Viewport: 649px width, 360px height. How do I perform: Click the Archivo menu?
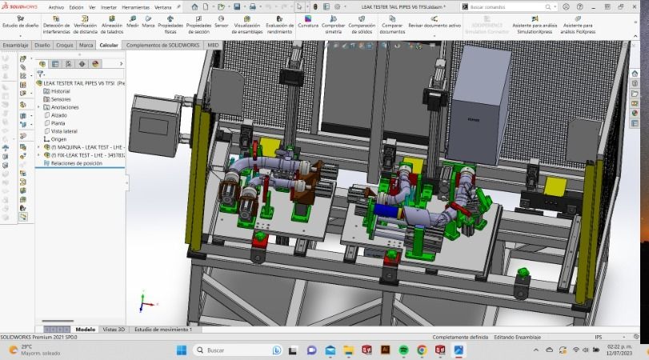click(56, 6)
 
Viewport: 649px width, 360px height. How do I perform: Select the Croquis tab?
click(65, 45)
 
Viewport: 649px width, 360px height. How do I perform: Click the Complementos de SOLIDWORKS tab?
click(164, 45)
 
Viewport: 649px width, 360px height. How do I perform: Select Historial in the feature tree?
click(61, 91)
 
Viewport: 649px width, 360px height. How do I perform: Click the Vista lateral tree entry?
click(64, 131)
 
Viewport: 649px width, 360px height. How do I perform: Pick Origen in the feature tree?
click(58, 139)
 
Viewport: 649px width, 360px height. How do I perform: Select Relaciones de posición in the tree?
click(76, 163)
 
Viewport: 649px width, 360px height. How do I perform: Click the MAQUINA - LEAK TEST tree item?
click(84, 147)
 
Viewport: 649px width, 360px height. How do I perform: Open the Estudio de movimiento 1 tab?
click(163, 329)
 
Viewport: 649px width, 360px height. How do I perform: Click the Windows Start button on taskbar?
click(181, 350)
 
